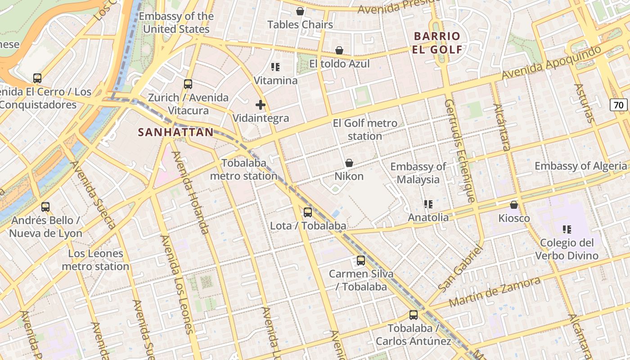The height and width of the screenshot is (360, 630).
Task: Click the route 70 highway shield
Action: (619, 105)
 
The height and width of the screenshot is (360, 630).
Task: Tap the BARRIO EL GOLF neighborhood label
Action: (437, 43)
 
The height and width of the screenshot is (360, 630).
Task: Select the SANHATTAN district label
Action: (175, 132)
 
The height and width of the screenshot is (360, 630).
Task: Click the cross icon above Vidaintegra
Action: (260, 105)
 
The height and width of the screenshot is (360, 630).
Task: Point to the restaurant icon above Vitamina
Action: (275, 67)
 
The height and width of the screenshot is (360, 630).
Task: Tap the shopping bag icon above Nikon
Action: (349, 163)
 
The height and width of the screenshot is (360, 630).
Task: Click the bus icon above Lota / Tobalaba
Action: (308, 212)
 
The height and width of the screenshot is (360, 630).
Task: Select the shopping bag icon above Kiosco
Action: (514, 205)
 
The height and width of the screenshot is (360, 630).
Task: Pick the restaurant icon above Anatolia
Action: (428, 204)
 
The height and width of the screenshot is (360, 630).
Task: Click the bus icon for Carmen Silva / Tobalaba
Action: (360, 261)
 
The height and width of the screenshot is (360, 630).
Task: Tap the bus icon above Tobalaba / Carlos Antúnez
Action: (413, 315)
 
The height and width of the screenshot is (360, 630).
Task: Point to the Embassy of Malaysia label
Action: (418, 173)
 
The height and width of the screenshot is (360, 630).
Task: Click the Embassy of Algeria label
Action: (580, 166)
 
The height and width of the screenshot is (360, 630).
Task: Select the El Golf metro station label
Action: (365, 130)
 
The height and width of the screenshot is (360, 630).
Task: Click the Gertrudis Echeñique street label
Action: (459, 150)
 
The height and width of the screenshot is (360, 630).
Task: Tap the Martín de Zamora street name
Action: (495, 292)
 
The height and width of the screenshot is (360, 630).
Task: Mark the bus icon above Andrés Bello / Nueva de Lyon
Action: (45, 207)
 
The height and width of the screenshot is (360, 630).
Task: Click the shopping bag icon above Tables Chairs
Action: (300, 11)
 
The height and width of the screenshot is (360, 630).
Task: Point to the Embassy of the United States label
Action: (176, 22)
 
